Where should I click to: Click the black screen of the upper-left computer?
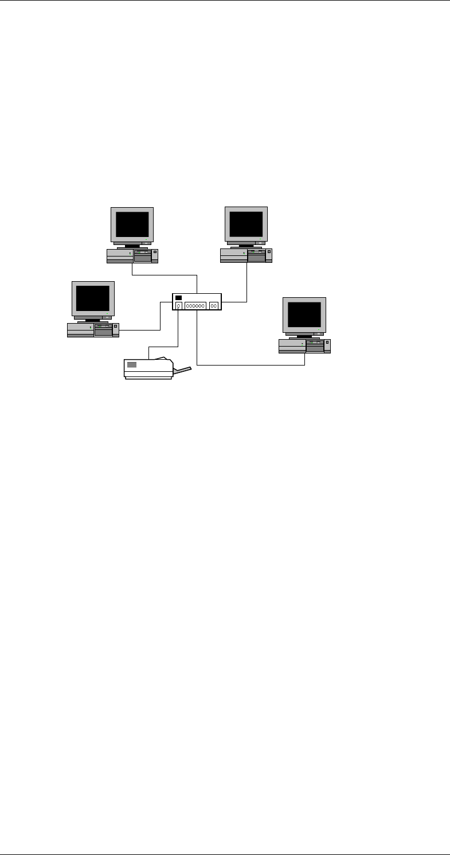pos(132,224)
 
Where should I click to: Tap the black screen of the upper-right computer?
pos(246,224)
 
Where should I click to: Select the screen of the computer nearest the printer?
pos(93,298)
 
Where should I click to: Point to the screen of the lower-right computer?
pos(304,314)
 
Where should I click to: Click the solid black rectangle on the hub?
pos(178,298)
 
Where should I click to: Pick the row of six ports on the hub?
pos(195,306)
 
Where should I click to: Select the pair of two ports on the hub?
pos(214,306)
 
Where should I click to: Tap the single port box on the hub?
pos(179,306)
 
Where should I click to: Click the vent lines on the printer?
pos(132,365)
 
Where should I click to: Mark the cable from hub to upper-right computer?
pos(246,287)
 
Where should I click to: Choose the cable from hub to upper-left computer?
pos(166,275)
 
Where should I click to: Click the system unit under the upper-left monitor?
pos(132,256)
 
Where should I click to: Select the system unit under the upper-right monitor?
pos(246,255)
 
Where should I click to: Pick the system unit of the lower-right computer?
pos(304,346)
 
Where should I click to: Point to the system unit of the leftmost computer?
pos(93,330)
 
